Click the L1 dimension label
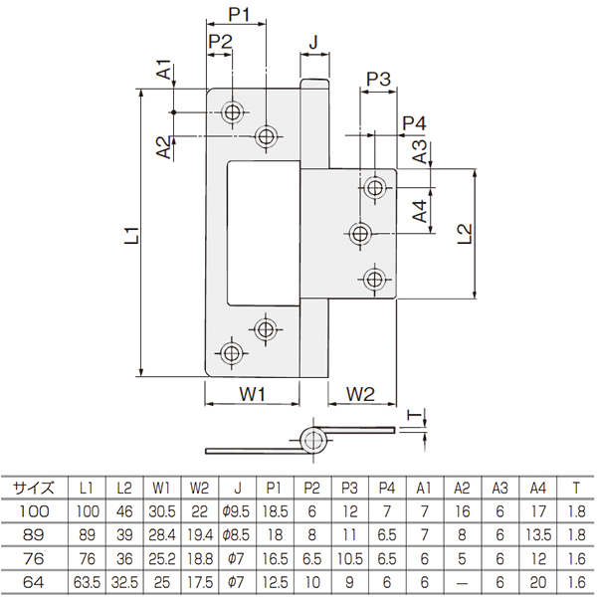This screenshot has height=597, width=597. click(x=132, y=235)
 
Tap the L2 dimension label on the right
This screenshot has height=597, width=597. click(x=465, y=234)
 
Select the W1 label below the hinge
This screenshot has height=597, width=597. click(x=252, y=393)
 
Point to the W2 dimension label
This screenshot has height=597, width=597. click(x=360, y=393)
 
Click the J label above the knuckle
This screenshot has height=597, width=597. click(x=313, y=42)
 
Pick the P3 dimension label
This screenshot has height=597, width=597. click(x=378, y=80)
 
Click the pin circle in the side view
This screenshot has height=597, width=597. click(x=313, y=441)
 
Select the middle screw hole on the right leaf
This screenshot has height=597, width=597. click(x=360, y=233)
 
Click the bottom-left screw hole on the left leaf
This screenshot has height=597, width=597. click(x=231, y=353)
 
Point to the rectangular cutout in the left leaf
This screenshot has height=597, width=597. click(x=263, y=233)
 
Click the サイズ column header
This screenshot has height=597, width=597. click(x=34, y=488)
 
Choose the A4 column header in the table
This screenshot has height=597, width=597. click(x=538, y=488)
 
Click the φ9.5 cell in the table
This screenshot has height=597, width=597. click(x=236, y=511)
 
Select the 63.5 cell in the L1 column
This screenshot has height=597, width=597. click(x=87, y=582)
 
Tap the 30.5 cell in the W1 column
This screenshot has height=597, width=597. click(x=162, y=511)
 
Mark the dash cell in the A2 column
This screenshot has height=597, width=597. click(x=462, y=582)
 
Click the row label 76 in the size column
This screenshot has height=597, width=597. click(x=34, y=558)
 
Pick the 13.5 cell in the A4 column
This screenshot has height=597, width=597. click(x=538, y=535)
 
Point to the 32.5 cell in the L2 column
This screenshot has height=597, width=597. click(x=124, y=582)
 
